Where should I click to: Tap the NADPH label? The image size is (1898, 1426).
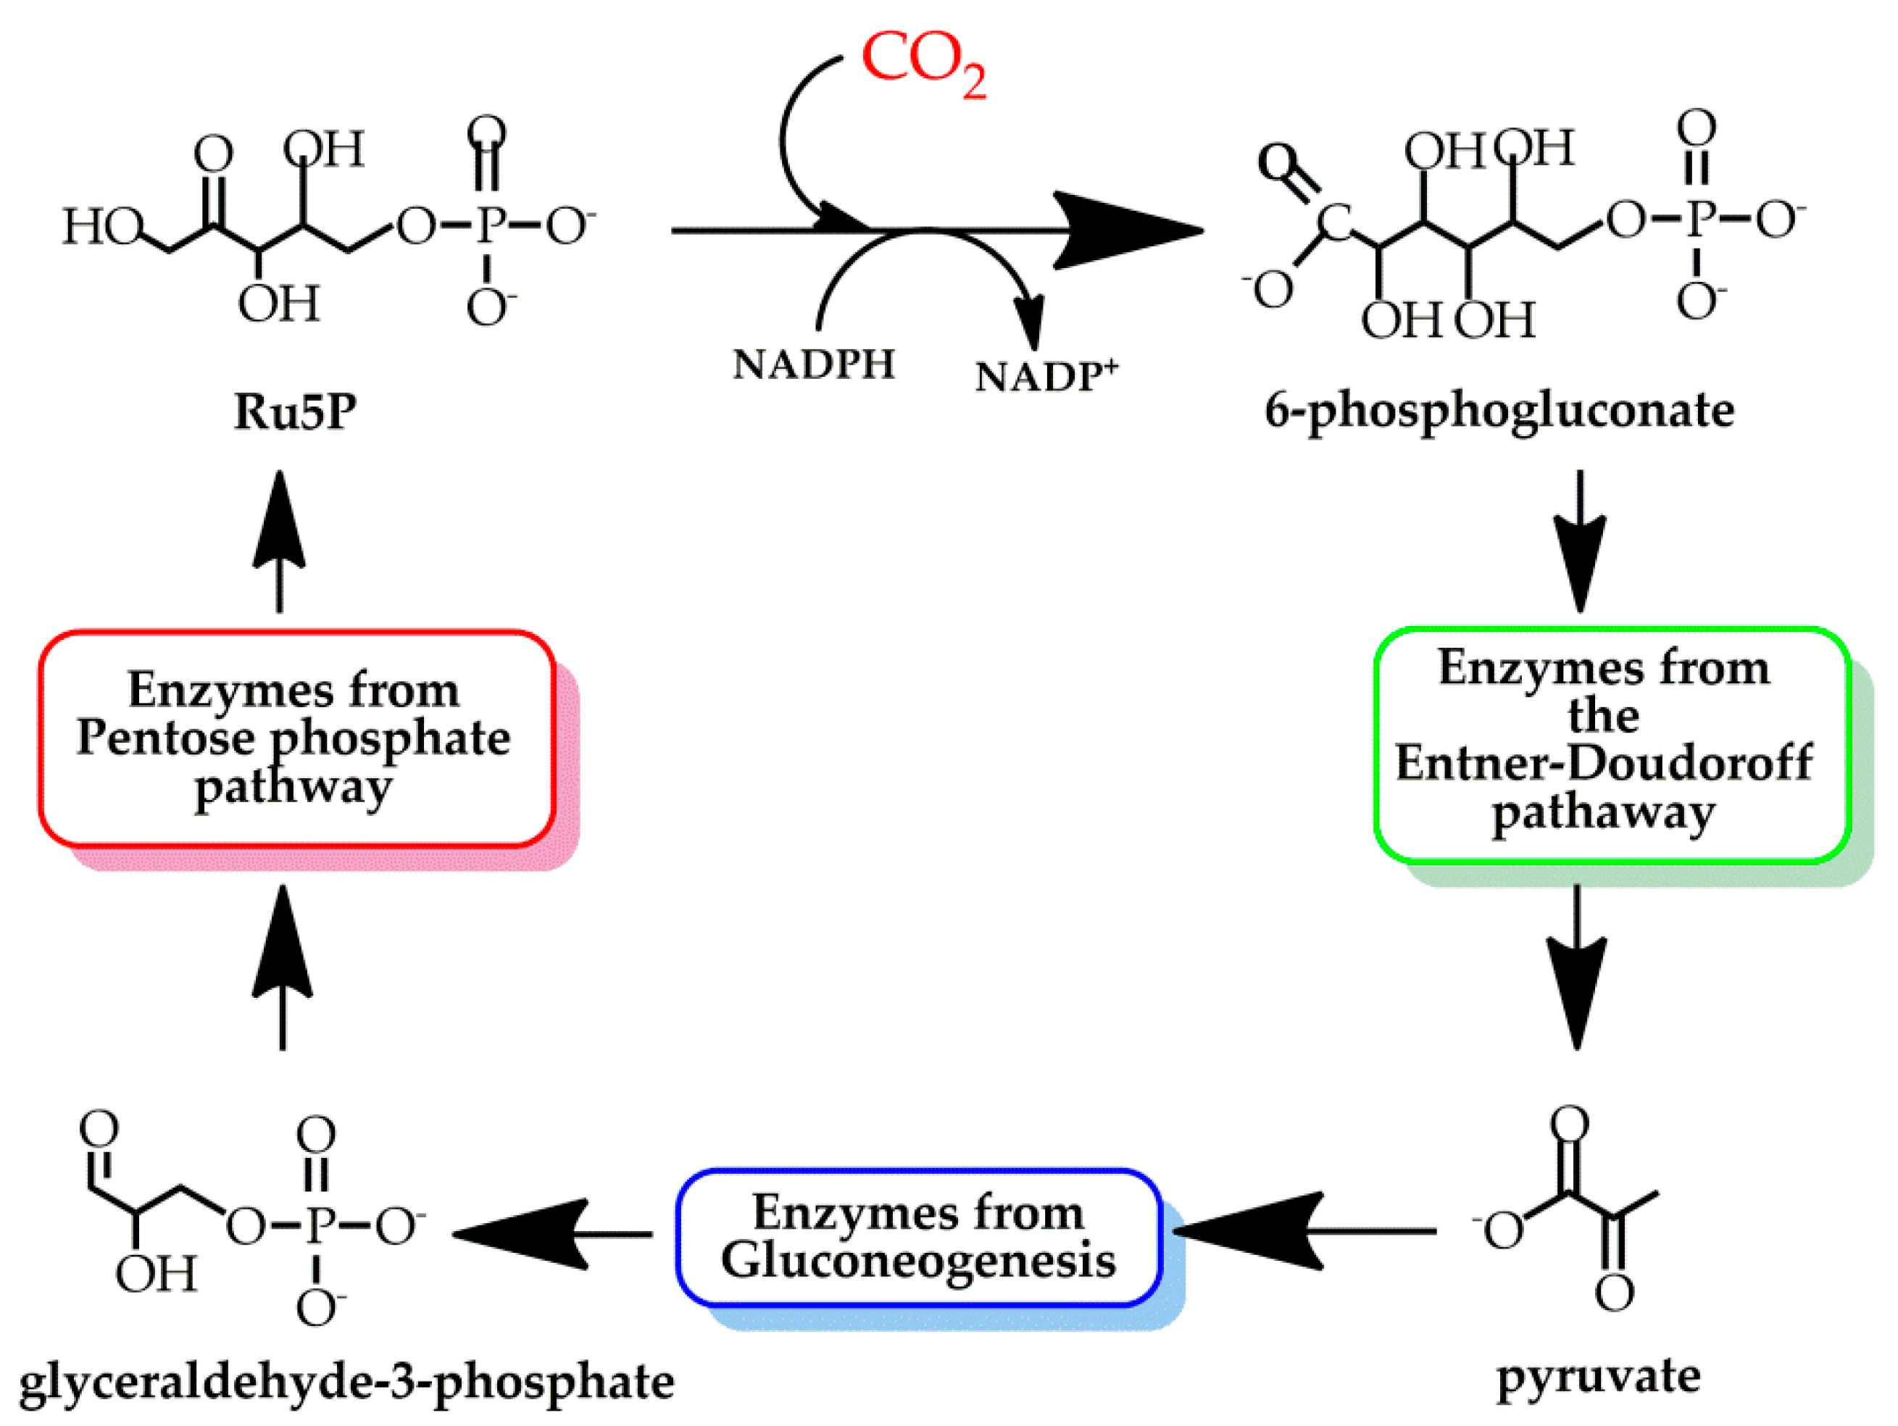pos(812,364)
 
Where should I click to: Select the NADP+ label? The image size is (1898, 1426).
pos(1045,376)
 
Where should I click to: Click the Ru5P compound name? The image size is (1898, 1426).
pos(294,411)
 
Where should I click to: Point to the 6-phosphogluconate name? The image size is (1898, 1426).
pos(1499,411)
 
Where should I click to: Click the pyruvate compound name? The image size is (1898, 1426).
pos(1598,1377)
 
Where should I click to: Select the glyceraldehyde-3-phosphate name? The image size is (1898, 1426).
pos(346,1381)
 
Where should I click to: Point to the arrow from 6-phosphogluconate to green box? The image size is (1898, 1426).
pos(1580,541)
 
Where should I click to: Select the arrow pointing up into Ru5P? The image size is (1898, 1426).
pos(280,541)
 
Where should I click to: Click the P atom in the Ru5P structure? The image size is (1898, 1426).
pos(490,225)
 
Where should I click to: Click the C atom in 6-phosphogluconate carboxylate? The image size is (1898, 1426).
pos(1333,222)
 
